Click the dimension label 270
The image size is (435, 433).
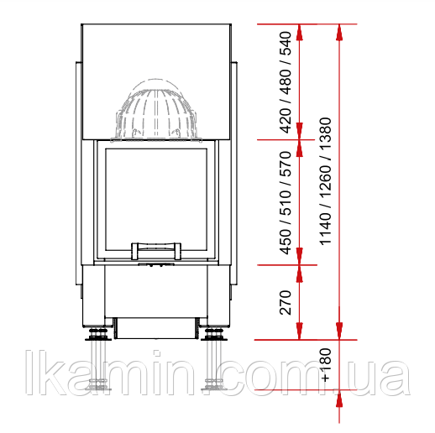[286, 302]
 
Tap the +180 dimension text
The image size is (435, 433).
[326, 365]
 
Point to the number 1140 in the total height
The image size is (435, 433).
[325, 229]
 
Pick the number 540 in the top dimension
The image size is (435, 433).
[286, 44]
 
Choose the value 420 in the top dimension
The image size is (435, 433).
[286, 121]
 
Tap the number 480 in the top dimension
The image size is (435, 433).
[286, 81]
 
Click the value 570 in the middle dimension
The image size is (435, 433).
[286, 164]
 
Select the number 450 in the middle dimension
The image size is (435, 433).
[286, 242]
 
